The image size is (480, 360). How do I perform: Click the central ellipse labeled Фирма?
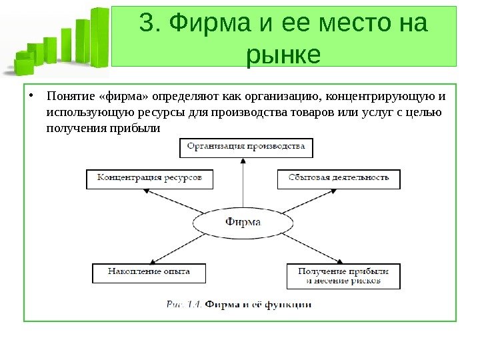click(243, 223)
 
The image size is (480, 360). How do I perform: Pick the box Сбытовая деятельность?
click(339, 179)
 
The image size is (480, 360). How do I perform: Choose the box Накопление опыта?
click(149, 273)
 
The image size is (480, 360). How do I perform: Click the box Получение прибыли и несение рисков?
click(343, 276)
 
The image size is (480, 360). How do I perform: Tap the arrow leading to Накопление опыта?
click(177, 247)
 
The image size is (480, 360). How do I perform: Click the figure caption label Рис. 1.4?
click(184, 305)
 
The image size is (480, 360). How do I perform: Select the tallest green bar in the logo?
click(100, 37)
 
